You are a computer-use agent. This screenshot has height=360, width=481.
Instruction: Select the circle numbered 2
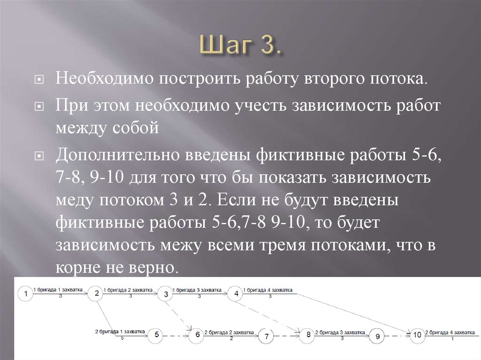pyautogui.click(x=96, y=294)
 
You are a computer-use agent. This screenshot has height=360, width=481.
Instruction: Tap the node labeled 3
pyautogui.click(x=165, y=294)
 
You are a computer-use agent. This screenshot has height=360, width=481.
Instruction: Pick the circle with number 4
pyautogui.click(x=236, y=294)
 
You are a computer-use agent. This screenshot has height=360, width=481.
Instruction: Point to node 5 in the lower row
pyautogui.click(x=156, y=335)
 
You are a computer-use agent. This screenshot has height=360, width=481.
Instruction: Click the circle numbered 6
pyautogui.click(x=197, y=335)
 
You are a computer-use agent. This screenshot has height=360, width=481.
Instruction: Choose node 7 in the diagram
pyautogui.click(x=266, y=336)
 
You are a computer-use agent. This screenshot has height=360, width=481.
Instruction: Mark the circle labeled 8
pyautogui.click(x=308, y=335)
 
